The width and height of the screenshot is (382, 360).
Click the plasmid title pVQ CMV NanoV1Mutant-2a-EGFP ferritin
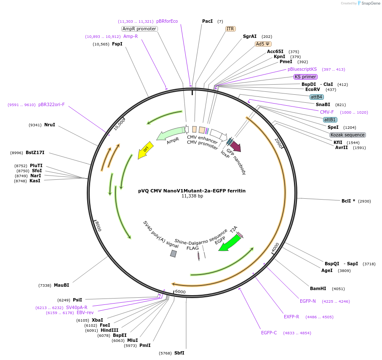tap(192, 191)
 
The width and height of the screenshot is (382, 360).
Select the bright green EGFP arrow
tap(229, 243)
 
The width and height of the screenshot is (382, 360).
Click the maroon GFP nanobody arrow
tap(235, 147)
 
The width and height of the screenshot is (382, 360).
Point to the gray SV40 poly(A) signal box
tap(173, 253)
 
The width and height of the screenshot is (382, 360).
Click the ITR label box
tap(230, 29)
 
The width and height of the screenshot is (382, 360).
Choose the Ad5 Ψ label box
tap(263, 44)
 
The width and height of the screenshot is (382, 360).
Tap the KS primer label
tap(305, 77)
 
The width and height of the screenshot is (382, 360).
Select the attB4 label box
tap(316, 97)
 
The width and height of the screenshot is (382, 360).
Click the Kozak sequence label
tap(347, 135)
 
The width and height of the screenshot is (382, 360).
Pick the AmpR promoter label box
tap(139, 29)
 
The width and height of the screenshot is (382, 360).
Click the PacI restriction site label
tap(207, 21)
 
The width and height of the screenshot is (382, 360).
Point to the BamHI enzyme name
tap(318, 288)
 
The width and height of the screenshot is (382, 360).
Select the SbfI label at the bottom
tap(179, 353)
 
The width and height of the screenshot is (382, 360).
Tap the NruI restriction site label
tap(50, 125)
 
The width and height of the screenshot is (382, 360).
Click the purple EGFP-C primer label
tap(269, 333)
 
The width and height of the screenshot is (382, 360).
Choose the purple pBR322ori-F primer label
tap(51, 104)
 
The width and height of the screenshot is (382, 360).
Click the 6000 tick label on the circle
tap(180, 292)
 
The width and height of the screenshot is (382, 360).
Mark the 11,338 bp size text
tap(192, 196)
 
